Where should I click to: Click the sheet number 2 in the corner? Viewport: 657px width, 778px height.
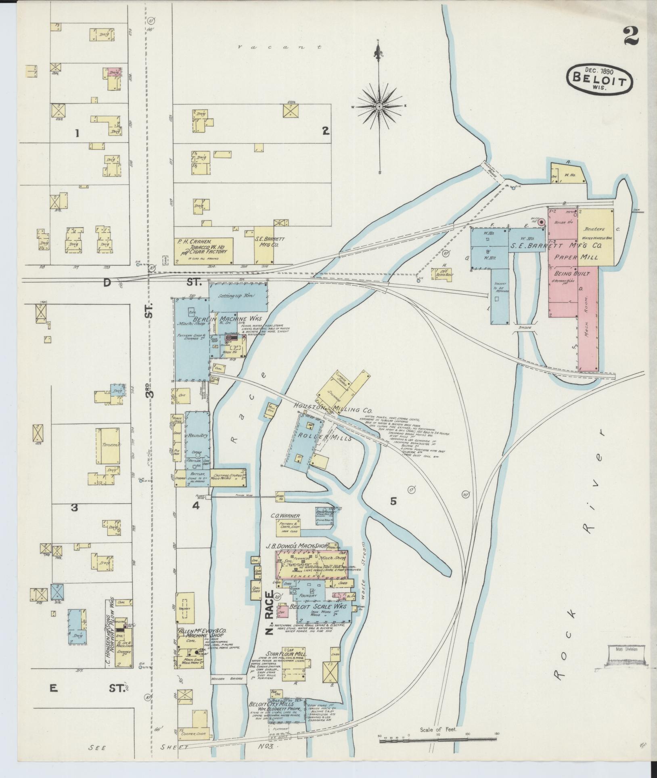[630, 37]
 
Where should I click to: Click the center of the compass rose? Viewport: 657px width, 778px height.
[379, 106]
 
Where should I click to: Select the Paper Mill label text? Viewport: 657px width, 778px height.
[576, 257]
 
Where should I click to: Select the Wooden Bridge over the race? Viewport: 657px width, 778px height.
[228, 679]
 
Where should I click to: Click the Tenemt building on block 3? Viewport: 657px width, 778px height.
[107, 447]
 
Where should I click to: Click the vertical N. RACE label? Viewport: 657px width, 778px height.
[270, 621]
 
